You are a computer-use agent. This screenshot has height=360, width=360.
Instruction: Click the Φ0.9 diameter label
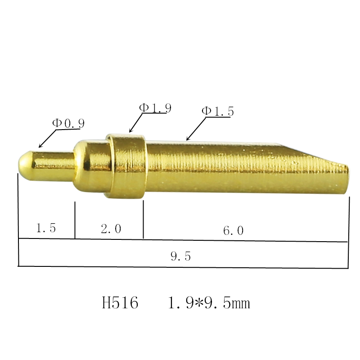[x=68, y=123]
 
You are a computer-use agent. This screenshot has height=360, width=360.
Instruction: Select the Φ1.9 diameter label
[x=155, y=108]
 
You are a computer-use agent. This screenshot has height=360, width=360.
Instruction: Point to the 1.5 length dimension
[x=46, y=228]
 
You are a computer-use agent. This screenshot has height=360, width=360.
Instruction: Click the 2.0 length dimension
[x=111, y=229]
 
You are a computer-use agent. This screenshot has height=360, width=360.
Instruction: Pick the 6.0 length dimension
[x=233, y=230]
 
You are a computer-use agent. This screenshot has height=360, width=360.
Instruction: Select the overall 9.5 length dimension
[x=180, y=256]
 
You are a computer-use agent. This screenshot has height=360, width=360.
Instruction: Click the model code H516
[x=120, y=303]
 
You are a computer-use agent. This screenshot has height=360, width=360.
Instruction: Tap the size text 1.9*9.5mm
[x=208, y=303]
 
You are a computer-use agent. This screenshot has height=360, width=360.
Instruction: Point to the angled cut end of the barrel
[x=315, y=156]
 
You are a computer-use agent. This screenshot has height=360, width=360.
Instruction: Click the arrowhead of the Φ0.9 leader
[x=40, y=147]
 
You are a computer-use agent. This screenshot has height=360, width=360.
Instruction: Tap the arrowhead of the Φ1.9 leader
[x=130, y=132]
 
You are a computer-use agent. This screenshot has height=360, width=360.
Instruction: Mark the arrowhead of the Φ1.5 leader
[x=187, y=139]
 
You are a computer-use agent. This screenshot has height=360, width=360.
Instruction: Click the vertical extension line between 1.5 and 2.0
[x=75, y=220]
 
